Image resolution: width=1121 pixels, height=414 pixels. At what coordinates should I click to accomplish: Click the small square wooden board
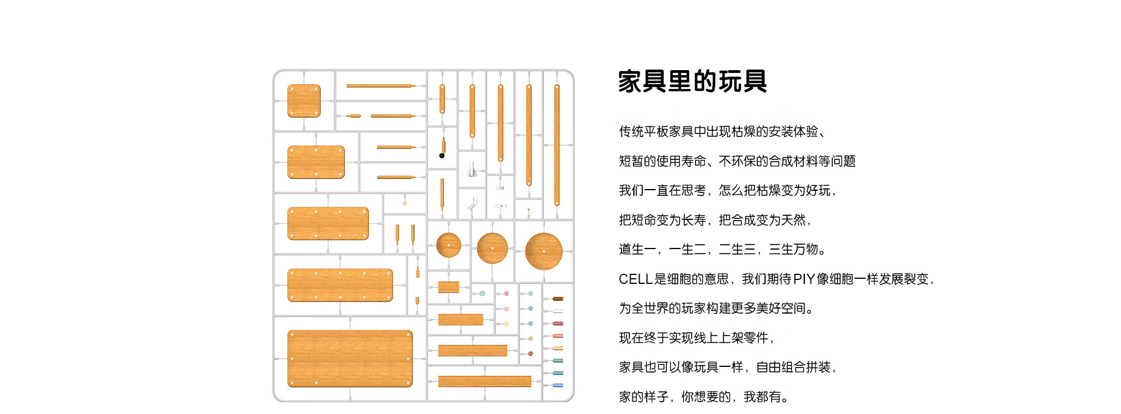[304, 101]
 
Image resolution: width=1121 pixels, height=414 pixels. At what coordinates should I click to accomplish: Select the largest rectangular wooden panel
[350, 358]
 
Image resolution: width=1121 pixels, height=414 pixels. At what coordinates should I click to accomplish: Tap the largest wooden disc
[544, 251]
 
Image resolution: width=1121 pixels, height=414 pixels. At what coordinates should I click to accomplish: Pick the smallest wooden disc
[448, 245]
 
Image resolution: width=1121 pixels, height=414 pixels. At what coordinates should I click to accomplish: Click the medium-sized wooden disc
[492, 248]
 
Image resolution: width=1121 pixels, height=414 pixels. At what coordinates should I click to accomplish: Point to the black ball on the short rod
[442, 155]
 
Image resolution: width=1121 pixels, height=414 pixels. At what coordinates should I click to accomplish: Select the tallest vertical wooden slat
[557, 145]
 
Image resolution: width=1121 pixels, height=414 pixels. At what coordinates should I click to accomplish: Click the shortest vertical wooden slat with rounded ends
[442, 99]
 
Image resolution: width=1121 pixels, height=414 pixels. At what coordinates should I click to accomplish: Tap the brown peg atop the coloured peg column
[557, 299]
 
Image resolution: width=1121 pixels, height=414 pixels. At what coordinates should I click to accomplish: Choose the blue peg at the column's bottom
[557, 385]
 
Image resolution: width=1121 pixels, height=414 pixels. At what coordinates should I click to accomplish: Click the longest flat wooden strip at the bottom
[484, 381]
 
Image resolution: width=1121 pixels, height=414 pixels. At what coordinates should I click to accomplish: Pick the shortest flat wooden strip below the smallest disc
[448, 288]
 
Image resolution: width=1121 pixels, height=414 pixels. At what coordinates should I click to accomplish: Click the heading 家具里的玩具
[692, 81]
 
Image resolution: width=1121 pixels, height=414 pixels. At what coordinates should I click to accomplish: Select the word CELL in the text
[635, 279]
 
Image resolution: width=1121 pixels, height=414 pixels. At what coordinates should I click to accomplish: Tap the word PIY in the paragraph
[804, 279]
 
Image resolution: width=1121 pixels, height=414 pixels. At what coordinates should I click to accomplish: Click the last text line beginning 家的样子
[703, 397]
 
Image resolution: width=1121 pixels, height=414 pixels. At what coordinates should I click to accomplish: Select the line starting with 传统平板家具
[722, 131]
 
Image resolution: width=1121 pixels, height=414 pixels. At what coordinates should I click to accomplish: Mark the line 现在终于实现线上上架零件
[697, 338]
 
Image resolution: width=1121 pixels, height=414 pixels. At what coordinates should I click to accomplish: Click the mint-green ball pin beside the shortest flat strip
[482, 293]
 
